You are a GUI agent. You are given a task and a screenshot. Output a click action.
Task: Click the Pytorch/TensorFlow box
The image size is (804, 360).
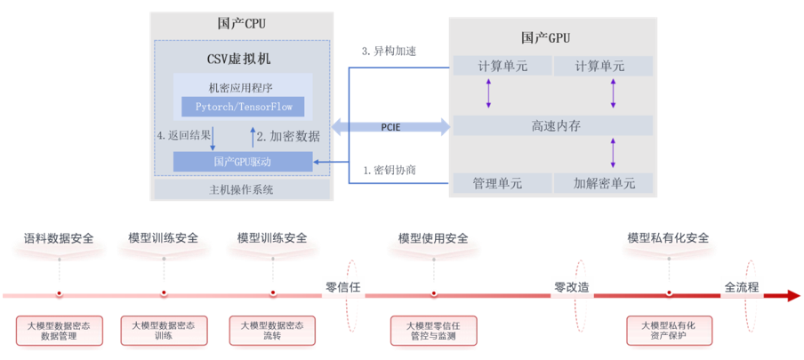(x=243, y=107)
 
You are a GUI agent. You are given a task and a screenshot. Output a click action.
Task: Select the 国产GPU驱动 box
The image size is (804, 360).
(x=243, y=162)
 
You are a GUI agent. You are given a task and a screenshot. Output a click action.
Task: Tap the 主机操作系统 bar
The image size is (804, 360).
(x=242, y=189)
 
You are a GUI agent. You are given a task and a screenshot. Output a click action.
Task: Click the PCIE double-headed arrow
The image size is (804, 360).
(x=390, y=127)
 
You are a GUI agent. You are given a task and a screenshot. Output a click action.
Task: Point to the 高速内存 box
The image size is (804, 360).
(x=553, y=125)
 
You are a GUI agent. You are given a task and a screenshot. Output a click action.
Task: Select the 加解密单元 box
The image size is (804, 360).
(x=604, y=183)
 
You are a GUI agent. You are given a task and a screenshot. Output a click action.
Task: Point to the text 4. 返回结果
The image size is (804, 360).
(x=183, y=136)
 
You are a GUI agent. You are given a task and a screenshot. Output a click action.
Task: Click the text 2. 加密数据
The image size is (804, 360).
(x=288, y=136)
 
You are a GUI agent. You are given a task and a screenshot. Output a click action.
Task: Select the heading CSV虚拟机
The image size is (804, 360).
(x=239, y=60)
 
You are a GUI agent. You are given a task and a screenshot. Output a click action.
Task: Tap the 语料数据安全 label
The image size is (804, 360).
(x=59, y=238)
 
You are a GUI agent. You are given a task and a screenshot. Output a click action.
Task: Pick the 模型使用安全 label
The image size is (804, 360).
(x=433, y=238)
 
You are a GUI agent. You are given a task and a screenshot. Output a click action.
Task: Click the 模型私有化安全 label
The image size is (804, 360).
(x=669, y=238)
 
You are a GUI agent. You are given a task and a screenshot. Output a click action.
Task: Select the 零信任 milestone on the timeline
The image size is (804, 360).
(x=343, y=287)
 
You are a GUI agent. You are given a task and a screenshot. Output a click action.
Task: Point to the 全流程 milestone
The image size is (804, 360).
(x=742, y=287)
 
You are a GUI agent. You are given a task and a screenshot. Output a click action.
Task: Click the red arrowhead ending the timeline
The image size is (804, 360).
(x=792, y=296)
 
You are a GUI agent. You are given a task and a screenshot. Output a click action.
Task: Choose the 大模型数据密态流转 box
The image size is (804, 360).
(x=272, y=331)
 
